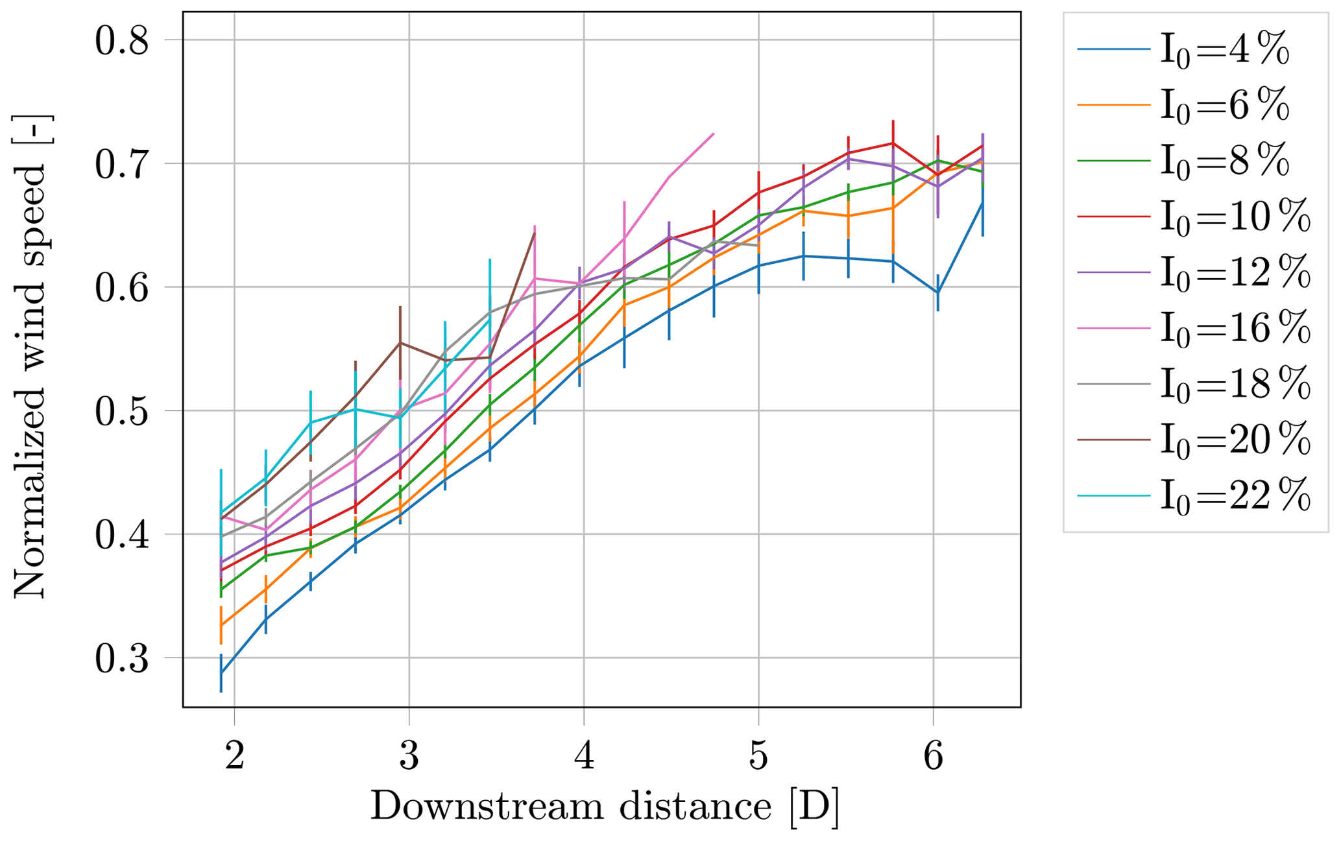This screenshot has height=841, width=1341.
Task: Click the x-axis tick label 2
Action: tap(234, 756)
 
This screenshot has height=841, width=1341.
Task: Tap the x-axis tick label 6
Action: tap(933, 756)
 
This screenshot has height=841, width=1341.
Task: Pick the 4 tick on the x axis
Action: tap(584, 756)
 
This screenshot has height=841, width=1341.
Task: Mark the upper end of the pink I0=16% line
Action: tap(714, 134)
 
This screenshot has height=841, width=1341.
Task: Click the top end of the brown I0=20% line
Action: tap(534, 232)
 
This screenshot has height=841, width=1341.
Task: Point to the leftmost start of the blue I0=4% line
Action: tap(221, 673)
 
